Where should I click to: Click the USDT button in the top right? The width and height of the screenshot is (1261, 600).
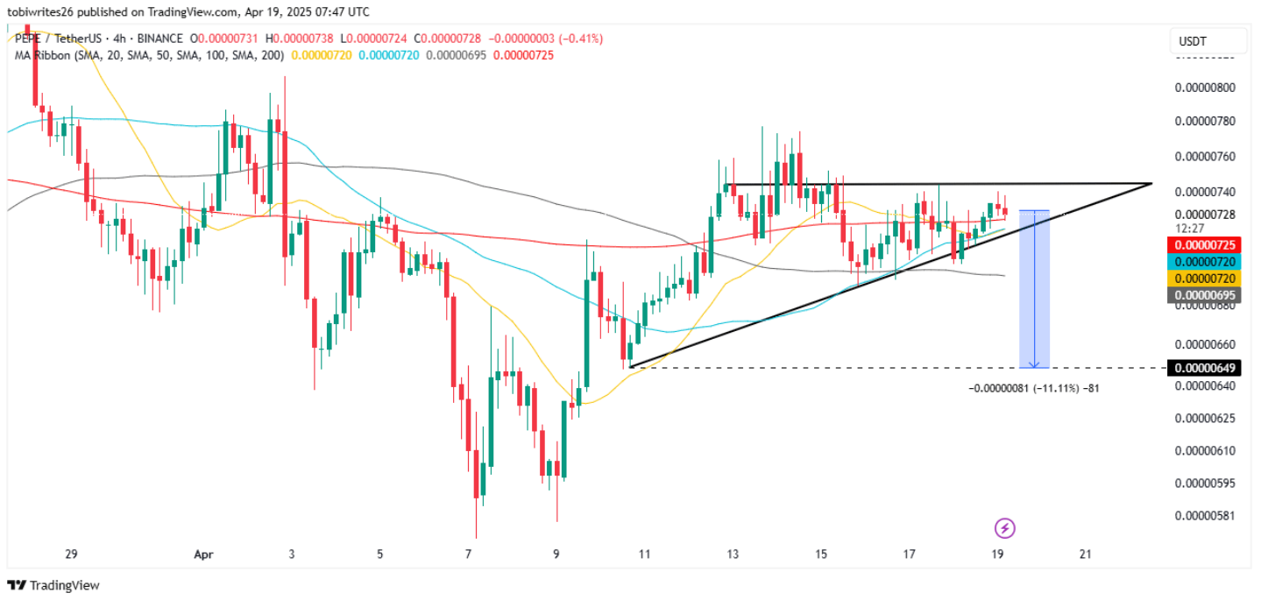tap(1208, 41)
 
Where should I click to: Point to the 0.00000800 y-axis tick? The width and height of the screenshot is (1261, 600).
tap(1204, 88)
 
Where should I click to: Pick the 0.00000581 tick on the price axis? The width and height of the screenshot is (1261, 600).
tap(1204, 515)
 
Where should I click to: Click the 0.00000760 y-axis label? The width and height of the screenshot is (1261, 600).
tap(1204, 157)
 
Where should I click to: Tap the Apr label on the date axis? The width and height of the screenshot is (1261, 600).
tap(203, 554)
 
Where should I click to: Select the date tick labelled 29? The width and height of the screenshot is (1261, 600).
tap(72, 554)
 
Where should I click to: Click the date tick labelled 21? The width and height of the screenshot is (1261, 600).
tap(1086, 554)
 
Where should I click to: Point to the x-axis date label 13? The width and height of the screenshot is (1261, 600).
tap(733, 554)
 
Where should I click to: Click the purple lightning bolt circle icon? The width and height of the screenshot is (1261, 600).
tap(1005, 528)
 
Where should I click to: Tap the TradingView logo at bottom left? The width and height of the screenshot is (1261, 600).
tap(53, 585)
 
